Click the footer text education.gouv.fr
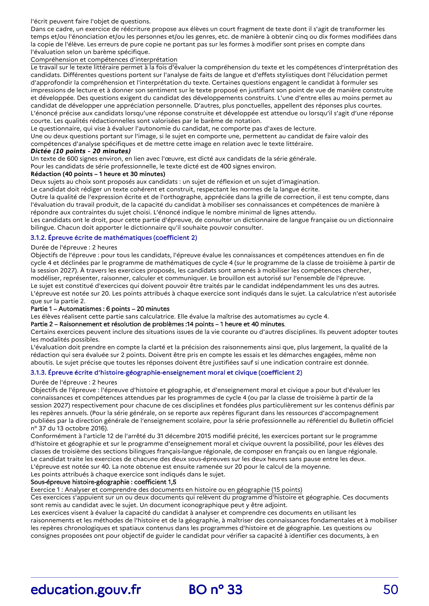(85, 589)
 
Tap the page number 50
(390, 589)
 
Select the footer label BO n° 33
(216, 589)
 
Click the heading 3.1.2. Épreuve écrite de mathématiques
(114, 237)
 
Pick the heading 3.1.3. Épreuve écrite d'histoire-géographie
(166, 372)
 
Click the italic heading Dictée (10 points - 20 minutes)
(81, 151)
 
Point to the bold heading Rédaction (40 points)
(98, 174)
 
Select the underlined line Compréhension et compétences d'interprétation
(104, 59)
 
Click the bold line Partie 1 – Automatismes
(100, 309)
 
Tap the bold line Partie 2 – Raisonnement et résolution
(158, 324)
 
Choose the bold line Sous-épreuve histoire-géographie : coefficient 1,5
(103, 482)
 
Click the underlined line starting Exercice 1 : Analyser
(166, 490)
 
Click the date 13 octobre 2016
(74, 428)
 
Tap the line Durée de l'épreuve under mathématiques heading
(74, 247)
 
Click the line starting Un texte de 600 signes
(173, 159)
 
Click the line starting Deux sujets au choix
(175, 181)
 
